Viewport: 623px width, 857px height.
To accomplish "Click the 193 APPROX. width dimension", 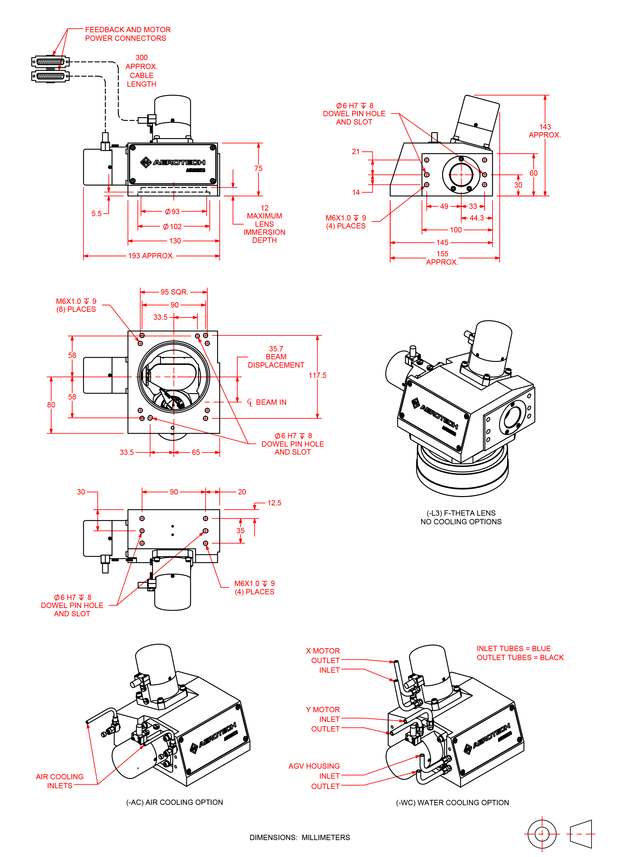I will [x=151, y=256].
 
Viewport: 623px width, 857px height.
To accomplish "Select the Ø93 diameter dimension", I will [x=172, y=212].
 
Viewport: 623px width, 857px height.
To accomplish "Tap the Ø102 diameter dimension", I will [x=172, y=226].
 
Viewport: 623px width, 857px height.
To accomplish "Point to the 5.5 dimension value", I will [x=96, y=214].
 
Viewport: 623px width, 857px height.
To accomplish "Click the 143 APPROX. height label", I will [x=544, y=131].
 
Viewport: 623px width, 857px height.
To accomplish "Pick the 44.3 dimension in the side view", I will [x=476, y=218].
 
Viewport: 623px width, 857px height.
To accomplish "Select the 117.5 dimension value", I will [x=317, y=375].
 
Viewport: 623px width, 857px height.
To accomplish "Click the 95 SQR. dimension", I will [x=174, y=292].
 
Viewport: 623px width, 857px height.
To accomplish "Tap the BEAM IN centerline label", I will [x=271, y=402].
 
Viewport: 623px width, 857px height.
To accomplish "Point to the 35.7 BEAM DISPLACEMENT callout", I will [x=276, y=357].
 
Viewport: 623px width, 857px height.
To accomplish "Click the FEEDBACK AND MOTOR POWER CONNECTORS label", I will [x=127, y=34].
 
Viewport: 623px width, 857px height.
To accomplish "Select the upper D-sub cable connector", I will [x=50, y=61].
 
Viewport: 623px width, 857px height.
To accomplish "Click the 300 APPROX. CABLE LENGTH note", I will [x=141, y=71].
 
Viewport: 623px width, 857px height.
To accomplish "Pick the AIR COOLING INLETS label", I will [x=59, y=781].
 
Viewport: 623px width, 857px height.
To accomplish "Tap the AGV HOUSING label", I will [x=314, y=766].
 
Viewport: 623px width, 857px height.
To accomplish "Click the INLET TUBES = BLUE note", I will [x=513, y=648].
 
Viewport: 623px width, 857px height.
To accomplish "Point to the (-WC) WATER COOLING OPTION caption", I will [x=452, y=803].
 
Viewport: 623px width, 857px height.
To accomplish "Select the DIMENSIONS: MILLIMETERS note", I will [x=300, y=837].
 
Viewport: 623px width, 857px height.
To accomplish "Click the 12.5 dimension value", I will [x=274, y=503].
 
